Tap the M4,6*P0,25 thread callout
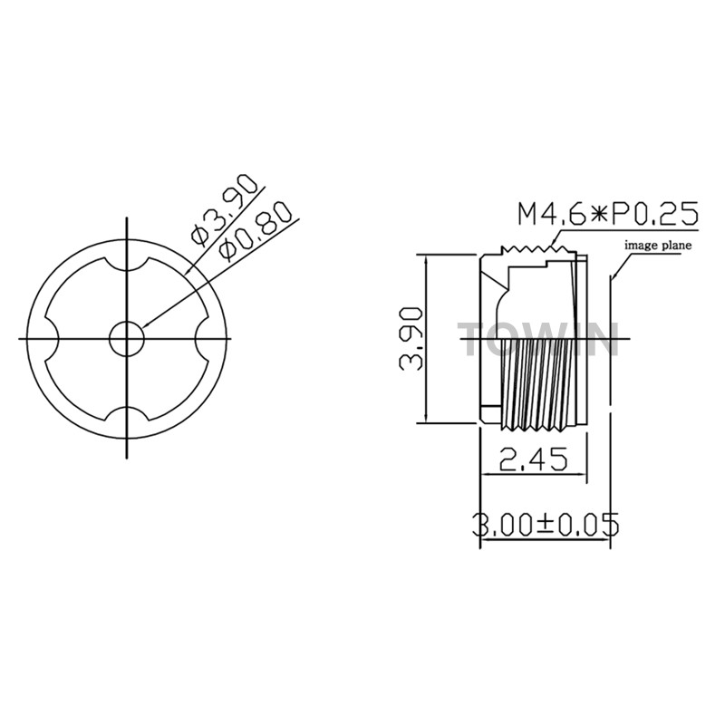(x=607, y=214)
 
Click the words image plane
(x=659, y=245)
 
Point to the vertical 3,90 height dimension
(x=411, y=338)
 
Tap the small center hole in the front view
(x=127, y=338)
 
